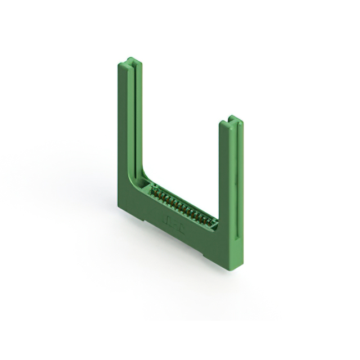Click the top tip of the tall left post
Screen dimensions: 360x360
pyautogui.click(x=130, y=60)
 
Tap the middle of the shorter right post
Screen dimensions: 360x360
pyautogui.click(x=229, y=180)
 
